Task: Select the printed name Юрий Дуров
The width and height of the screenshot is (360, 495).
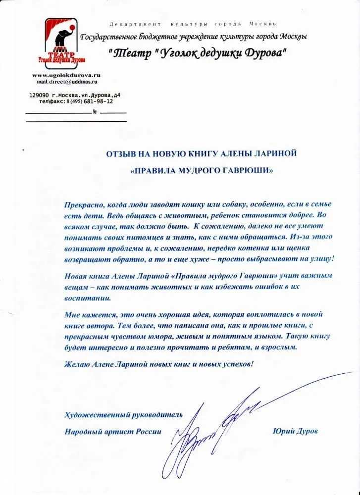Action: click(x=295, y=431)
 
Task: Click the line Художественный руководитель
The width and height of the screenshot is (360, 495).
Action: click(x=123, y=414)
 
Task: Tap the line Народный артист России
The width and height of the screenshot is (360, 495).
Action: click(x=113, y=431)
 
